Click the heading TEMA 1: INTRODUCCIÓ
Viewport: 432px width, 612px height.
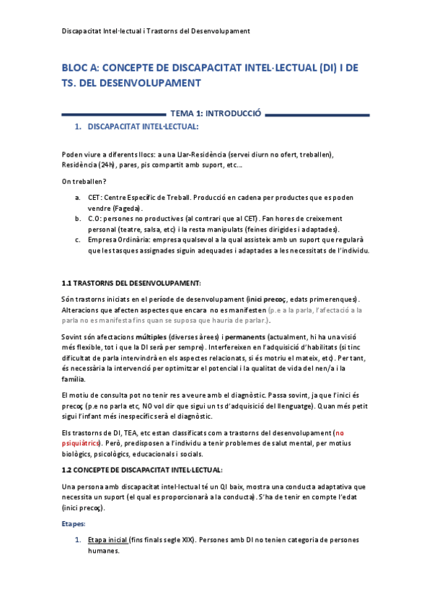click(214, 113)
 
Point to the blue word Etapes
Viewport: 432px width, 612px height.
click(74, 523)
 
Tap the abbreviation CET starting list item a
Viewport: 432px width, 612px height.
click(94, 197)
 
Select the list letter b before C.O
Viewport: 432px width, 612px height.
click(77, 218)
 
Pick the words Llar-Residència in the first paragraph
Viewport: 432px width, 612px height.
click(195, 154)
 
